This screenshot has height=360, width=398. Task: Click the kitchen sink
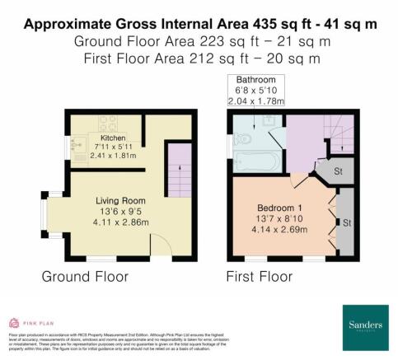[x=81, y=151]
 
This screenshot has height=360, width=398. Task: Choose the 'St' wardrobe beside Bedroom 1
[x=346, y=223]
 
